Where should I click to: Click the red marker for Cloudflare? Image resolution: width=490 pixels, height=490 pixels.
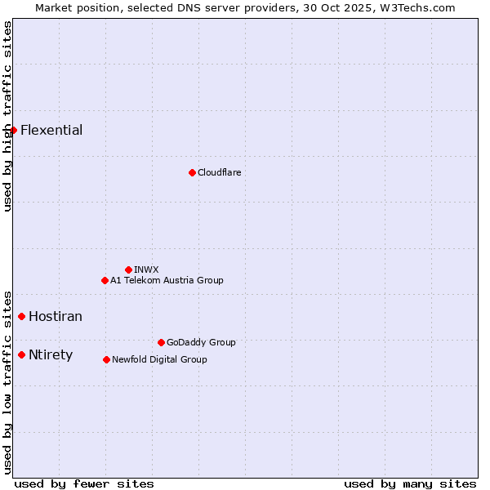[x=192, y=172]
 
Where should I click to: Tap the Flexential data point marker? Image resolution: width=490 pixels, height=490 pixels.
[x=13, y=130]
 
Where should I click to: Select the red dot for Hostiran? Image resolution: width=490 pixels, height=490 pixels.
[x=22, y=316]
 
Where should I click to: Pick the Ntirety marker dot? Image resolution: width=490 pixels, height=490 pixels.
[x=22, y=354]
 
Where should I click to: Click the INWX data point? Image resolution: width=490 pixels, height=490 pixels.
[x=128, y=269]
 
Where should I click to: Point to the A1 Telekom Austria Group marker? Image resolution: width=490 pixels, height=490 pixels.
[x=105, y=280]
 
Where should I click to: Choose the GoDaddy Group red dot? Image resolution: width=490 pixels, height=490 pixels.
[x=161, y=342]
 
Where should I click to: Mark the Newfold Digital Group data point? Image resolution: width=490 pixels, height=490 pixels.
[x=106, y=359]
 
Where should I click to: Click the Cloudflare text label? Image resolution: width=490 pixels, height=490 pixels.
[x=219, y=172]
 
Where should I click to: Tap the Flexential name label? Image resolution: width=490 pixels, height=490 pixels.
[x=51, y=130]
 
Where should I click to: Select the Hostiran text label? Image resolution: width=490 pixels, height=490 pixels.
[x=56, y=316]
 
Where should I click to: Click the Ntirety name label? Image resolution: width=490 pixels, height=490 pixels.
[x=51, y=354]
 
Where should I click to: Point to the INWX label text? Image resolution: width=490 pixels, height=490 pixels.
[x=146, y=269]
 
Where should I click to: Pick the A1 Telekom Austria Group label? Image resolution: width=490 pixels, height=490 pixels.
[x=167, y=280]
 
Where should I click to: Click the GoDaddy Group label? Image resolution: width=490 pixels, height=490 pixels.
[x=201, y=342]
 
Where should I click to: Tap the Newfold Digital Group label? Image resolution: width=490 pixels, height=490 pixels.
[x=159, y=359]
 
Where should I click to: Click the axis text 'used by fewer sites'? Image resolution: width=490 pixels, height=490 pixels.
[x=84, y=483]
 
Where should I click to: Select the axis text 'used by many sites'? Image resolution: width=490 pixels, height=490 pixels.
[x=410, y=483]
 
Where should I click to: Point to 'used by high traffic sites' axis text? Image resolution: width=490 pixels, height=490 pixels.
[x=7, y=116]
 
